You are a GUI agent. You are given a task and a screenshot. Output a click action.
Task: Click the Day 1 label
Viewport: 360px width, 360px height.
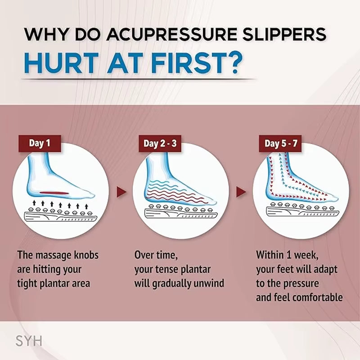click(x=39, y=144)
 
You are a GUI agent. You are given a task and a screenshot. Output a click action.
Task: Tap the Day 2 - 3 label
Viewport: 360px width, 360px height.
click(x=160, y=144)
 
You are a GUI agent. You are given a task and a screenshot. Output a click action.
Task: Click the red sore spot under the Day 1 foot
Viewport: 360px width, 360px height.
click(x=55, y=193)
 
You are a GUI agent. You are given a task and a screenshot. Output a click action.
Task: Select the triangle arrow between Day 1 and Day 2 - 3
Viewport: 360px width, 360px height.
click(x=121, y=193)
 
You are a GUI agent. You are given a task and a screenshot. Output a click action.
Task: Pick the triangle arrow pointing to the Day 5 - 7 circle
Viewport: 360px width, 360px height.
click(x=242, y=193)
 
